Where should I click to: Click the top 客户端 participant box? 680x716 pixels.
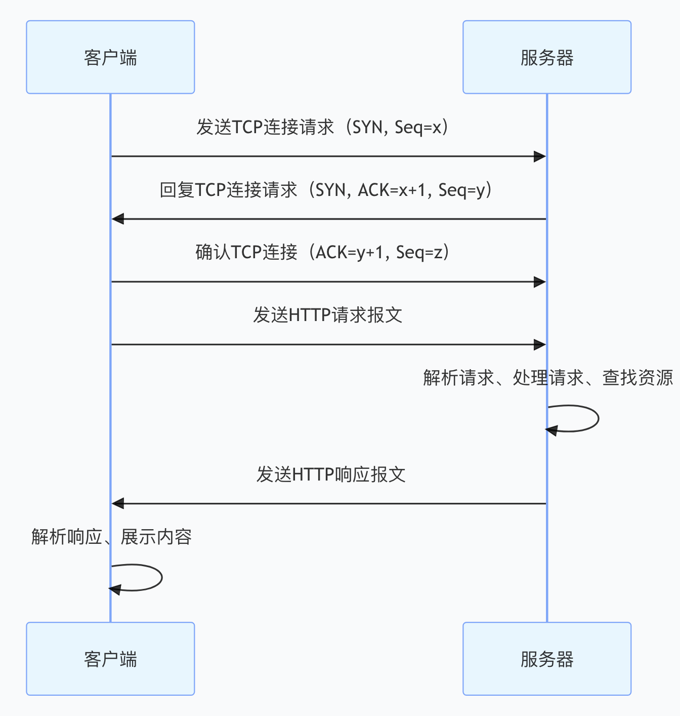(x=110, y=57)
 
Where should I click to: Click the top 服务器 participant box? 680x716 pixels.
(x=546, y=57)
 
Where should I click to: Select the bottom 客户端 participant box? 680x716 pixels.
(x=110, y=659)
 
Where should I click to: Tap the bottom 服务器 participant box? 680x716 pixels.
(x=546, y=659)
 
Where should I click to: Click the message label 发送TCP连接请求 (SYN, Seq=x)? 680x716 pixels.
(x=323, y=127)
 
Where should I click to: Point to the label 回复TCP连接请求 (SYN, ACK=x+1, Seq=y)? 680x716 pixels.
(x=326, y=190)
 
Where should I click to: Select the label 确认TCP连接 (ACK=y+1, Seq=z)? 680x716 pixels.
(x=323, y=252)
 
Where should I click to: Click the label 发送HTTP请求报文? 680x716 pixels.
(x=328, y=315)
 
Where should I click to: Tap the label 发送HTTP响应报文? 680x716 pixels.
(x=331, y=474)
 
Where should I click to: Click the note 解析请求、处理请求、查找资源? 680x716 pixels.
(x=548, y=378)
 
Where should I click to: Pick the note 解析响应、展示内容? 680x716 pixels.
(x=111, y=537)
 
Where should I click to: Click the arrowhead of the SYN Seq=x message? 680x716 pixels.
(x=540, y=156)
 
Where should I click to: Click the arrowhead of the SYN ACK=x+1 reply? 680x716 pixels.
(x=117, y=219)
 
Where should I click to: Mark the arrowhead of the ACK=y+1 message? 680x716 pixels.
(x=540, y=282)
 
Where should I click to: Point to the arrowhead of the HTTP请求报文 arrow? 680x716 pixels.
(x=540, y=344)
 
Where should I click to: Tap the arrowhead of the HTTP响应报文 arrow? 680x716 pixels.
(x=117, y=503)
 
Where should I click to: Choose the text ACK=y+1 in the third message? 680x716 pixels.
(x=349, y=253)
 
